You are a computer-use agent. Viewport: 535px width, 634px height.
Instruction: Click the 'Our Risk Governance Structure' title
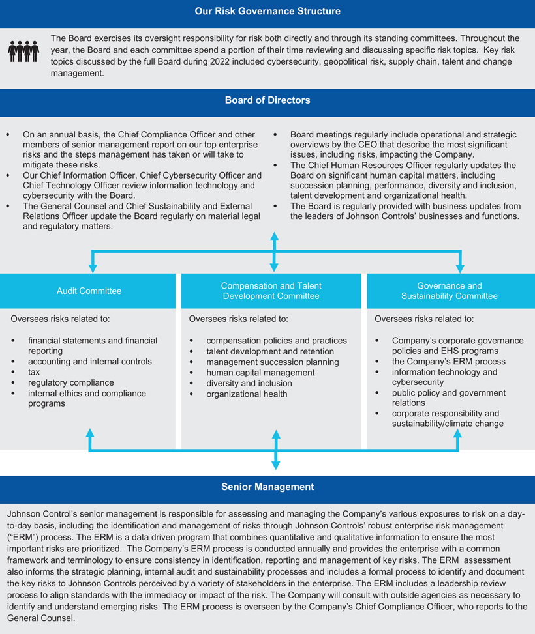pyautogui.click(x=267, y=11)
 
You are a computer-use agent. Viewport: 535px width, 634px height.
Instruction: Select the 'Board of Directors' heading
pyautogui.click(x=267, y=100)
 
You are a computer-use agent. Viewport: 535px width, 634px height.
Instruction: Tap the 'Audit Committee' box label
pyautogui.click(x=89, y=291)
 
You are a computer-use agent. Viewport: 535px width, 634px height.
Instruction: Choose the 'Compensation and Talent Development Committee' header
pyautogui.click(x=271, y=291)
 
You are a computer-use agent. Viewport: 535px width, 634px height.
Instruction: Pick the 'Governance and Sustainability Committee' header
pyautogui.click(x=450, y=291)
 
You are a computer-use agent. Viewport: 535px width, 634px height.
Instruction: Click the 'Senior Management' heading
pyautogui.click(x=267, y=487)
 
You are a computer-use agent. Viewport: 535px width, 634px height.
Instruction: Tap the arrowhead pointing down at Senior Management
pyautogui.click(x=275, y=465)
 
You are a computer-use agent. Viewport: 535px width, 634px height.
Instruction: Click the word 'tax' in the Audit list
pyautogui.click(x=34, y=372)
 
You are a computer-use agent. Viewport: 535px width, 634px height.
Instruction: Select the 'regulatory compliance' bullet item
pyautogui.click(x=70, y=382)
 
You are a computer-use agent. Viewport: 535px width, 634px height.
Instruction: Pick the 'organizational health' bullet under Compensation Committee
pyautogui.click(x=247, y=394)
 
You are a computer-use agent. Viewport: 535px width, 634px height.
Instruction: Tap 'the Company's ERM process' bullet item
pyautogui.click(x=448, y=362)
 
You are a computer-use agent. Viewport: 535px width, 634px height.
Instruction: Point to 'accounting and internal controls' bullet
pyautogui.click(x=89, y=362)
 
